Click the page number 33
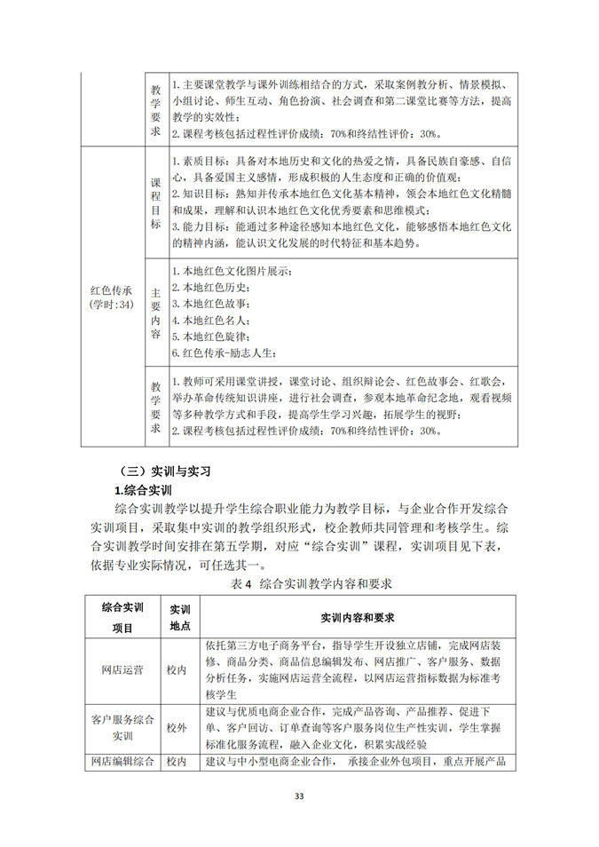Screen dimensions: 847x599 [299, 796]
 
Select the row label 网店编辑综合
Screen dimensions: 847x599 [123, 762]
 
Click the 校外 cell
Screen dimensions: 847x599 [177, 727]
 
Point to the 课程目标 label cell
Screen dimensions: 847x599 [155, 202]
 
